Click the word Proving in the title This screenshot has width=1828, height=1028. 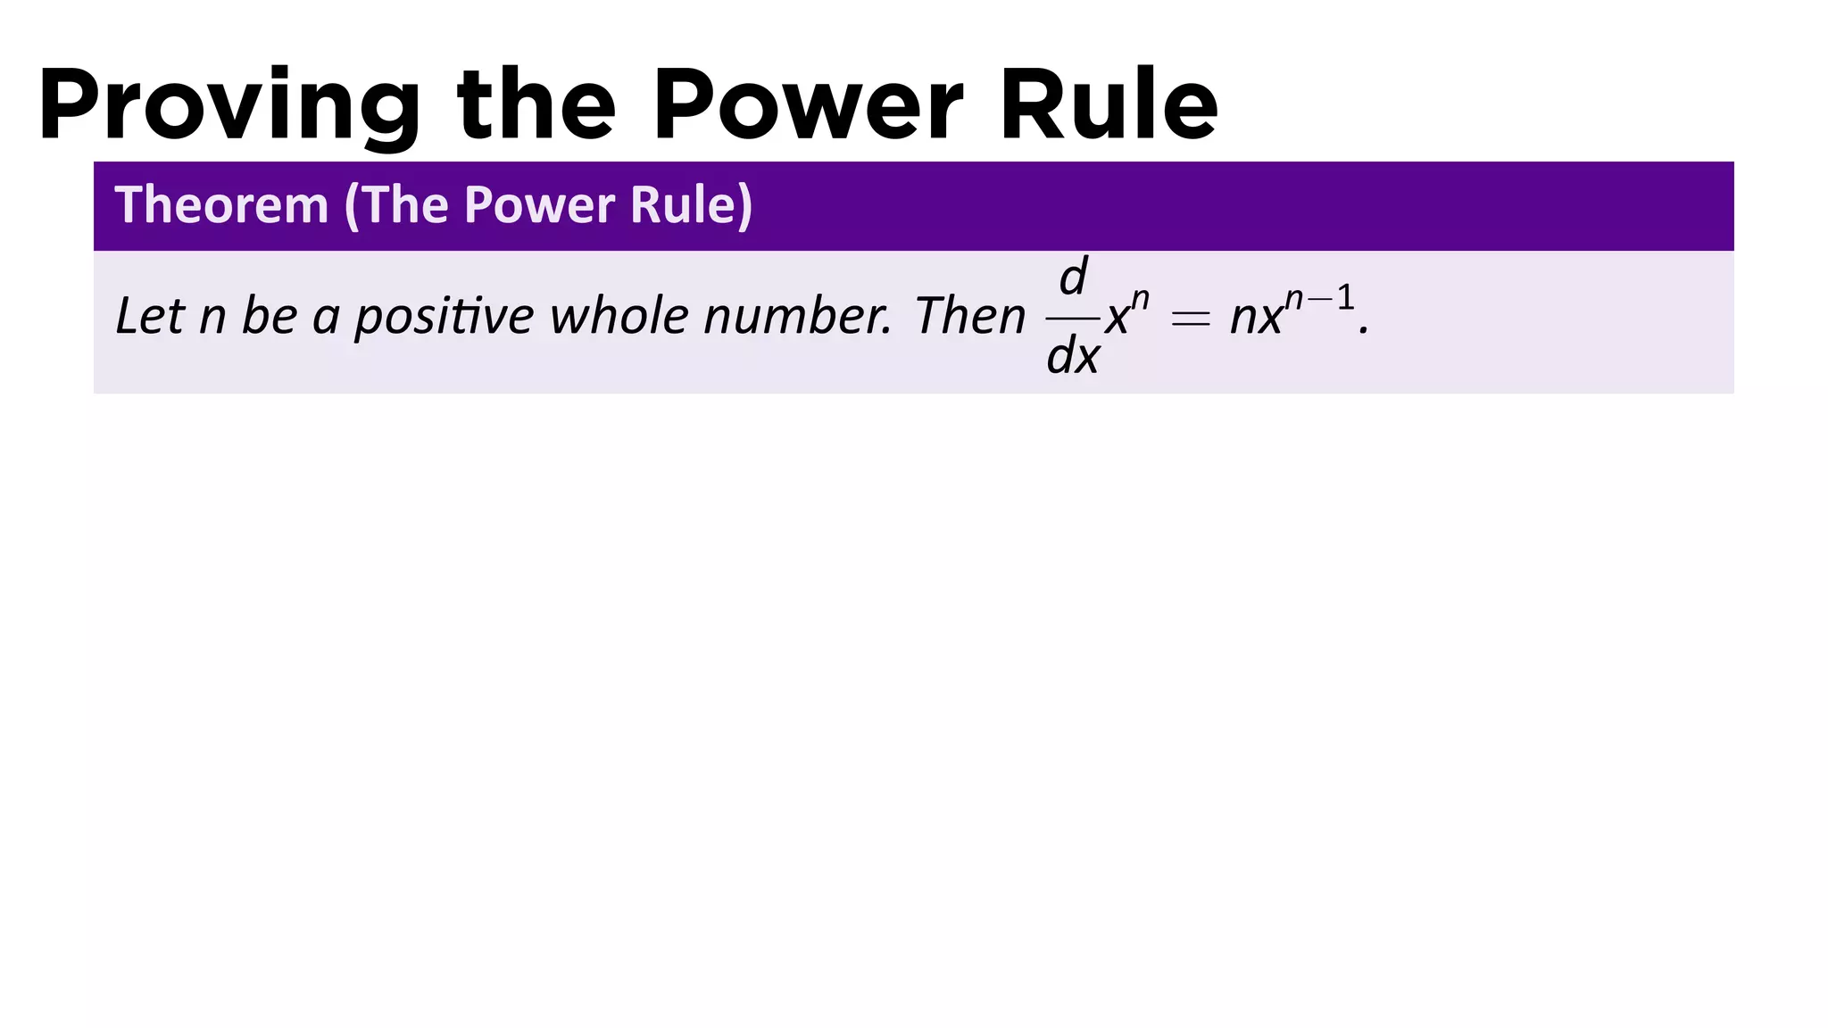coord(228,105)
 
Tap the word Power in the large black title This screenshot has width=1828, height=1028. coord(808,105)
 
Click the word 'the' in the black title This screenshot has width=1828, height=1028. coord(536,105)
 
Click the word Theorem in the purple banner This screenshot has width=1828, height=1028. coord(221,205)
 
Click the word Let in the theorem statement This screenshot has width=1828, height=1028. coord(148,316)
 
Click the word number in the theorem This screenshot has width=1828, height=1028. coord(797,316)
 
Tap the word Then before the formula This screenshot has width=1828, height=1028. coord(969,316)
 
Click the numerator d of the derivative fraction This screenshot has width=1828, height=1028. coord(1072,278)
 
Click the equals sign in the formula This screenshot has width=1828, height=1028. coord(1190,319)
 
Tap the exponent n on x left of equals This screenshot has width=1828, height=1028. coord(1140,299)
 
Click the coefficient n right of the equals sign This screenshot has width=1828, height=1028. coord(1242,319)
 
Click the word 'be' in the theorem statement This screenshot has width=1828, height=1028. coord(269,316)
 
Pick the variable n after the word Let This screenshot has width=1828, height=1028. coord(212,319)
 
